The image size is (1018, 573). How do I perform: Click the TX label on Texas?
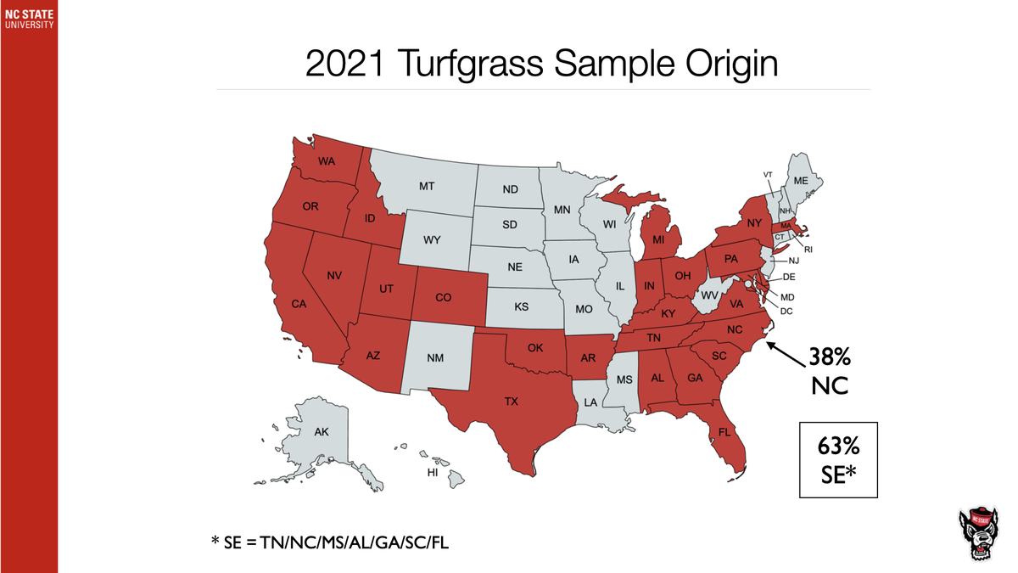[511, 402]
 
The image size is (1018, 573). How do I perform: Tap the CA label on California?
[299, 304]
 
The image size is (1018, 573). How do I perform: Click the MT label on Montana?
[428, 185]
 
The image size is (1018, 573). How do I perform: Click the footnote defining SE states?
[331, 540]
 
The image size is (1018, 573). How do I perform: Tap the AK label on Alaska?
[321, 432]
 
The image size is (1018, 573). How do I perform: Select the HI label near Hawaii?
[433, 471]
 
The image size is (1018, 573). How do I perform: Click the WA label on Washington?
[325, 161]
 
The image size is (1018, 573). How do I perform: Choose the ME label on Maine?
[801, 181]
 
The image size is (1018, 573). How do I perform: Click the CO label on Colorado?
[443, 298]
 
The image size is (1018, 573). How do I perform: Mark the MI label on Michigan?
[658, 240]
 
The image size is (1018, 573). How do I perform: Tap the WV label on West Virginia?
[709, 295]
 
